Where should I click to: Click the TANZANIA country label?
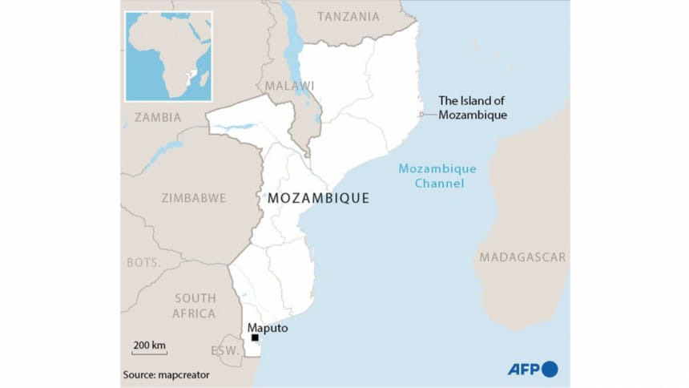click(x=349, y=16)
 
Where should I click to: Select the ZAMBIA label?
click(x=158, y=117)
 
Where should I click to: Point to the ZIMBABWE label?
click(x=193, y=198)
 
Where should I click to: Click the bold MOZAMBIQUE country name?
click(x=319, y=198)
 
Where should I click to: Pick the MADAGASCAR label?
click(x=522, y=257)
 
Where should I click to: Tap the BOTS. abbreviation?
click(x=143, y=263)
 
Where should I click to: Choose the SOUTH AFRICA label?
click(x=195, y=305)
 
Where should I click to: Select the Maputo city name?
click(x=268, y=328)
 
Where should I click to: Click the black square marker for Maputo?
click(x=255, y=337)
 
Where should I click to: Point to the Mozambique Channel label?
click(x=437, y=176)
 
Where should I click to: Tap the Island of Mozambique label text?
click(x=473, y=108)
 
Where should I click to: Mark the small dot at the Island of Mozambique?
click(x=421, y=115)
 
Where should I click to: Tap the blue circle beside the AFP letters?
click(x=550, y=370)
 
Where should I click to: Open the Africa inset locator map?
click(x=168, y=56)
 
